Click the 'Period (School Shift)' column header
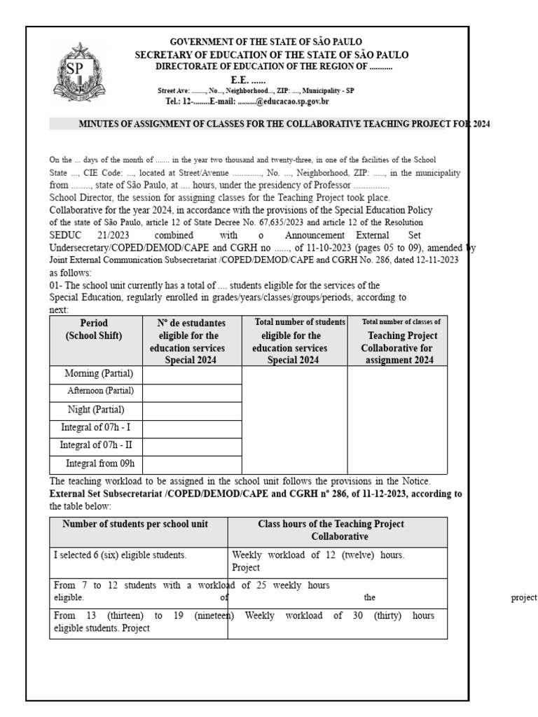point(94,330)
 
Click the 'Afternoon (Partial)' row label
point(100,391)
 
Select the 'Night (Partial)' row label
point(95,410)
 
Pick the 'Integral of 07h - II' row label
point(95,445)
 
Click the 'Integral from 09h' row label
point(100,463)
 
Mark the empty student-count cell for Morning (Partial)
point(191,375)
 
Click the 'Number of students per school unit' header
point(135,524)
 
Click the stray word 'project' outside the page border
point(524,598)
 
